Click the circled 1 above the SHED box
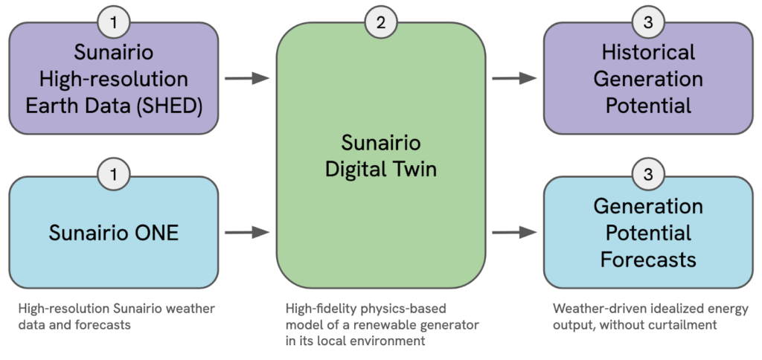[x=113, y=22]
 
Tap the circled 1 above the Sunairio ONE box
[x=113, y=176]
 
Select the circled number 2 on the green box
[x=381, y=22]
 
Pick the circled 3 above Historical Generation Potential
[x=648, y=22]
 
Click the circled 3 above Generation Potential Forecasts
[x=648, y=176]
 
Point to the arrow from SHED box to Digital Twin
[x=247, y=78]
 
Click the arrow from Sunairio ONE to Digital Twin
[x=247, y=233]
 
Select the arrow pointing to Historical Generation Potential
[x=515, y=78]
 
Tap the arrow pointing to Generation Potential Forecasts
[x=515, y=233]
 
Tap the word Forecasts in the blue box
[x=648, y=260]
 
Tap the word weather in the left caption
[x=200, y=309]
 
